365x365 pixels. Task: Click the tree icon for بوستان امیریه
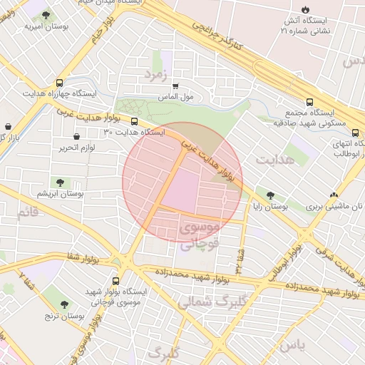(46, 14)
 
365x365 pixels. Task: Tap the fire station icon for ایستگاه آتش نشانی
(305, 10)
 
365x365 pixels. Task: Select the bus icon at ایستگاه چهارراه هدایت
(59, 82)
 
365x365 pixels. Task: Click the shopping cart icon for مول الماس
(175, 86)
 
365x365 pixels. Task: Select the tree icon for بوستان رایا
(269, 194)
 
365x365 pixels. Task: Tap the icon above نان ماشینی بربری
(334, 195)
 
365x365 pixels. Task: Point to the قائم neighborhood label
(26, 212)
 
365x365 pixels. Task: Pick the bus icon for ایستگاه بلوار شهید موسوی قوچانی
(116, 281)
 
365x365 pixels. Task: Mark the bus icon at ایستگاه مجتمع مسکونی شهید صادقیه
(309, 102)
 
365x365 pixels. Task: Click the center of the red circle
(182, 182)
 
